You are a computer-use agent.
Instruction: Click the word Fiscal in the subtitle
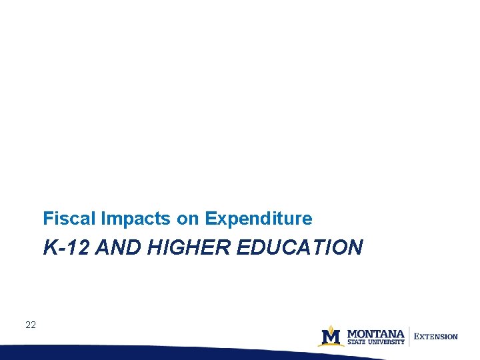tap(63, 218)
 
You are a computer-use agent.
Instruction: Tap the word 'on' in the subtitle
tap(189, 219)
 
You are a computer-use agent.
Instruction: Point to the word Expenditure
tap(259, 218)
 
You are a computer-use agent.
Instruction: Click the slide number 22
tap(30, 325)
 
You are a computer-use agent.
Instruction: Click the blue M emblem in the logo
tap(331, 336)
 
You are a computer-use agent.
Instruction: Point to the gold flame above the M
tap(331, 327)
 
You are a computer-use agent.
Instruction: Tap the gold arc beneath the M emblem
tap(331, 345)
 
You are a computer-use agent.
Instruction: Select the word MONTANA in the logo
tap(375, 333)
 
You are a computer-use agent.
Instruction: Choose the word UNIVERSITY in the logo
tap(386, 342)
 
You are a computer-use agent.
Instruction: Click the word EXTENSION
tap(437, 337)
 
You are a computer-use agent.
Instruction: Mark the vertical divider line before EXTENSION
tap(409, 336)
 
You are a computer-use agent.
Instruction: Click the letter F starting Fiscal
tap(47, 218)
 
